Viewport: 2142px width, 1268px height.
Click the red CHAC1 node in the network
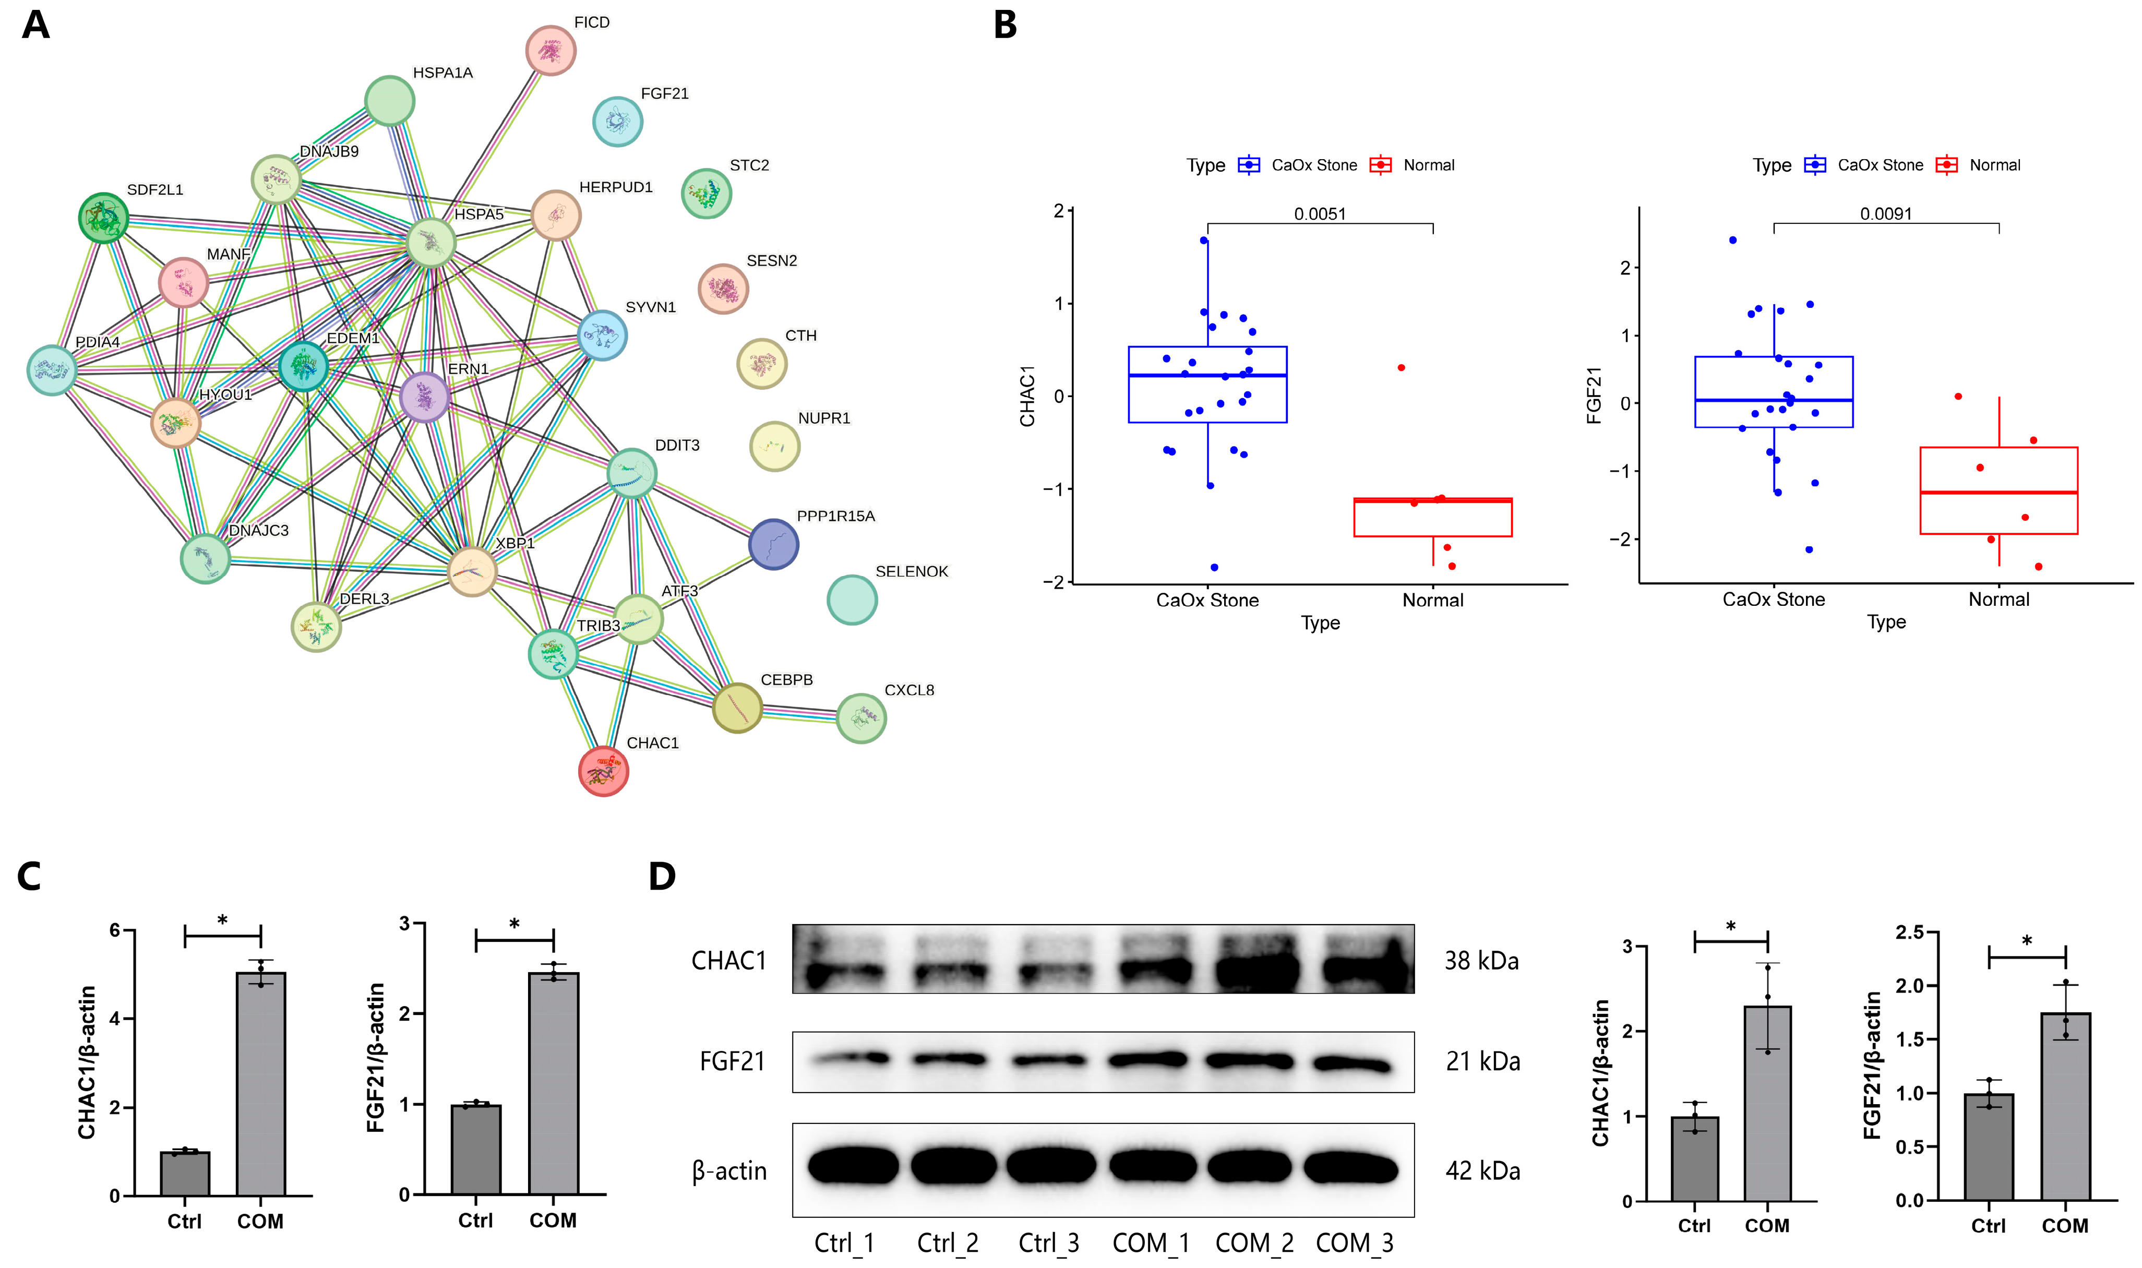pos(603,772)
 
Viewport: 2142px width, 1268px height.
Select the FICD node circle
pos(550,51)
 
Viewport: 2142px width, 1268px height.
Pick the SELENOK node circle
pos(852,600)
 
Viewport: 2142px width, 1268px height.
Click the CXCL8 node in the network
pos(860,717)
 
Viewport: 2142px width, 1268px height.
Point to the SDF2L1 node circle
pos(103,218)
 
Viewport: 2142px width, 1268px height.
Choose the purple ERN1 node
pos(425,397)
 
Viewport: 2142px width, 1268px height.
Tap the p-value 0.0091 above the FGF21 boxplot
pos(1886,213)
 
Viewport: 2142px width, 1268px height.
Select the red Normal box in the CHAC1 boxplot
pos(1433,518)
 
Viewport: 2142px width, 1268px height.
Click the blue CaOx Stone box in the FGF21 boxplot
pos(1774,391)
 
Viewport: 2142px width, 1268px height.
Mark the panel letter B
pos(1006,26)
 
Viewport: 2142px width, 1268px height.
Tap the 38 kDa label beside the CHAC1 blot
pos(1481,961)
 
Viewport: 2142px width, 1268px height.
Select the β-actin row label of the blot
pos(729,1170)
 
